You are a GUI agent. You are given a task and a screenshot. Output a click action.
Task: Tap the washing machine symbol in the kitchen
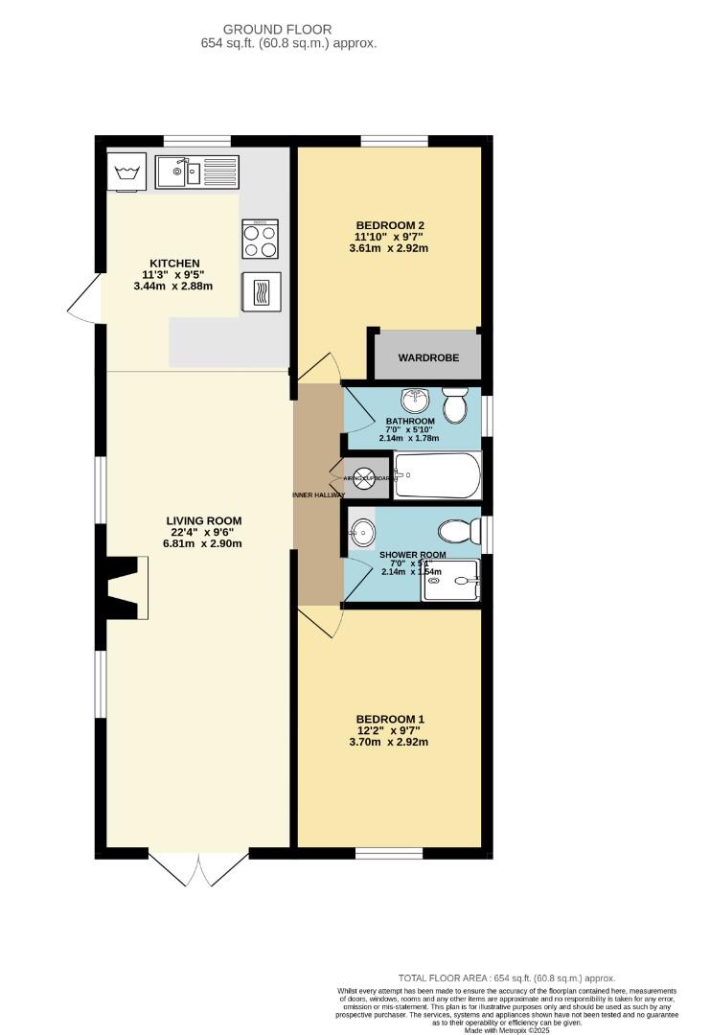pyautogui.click(x=128, y=172)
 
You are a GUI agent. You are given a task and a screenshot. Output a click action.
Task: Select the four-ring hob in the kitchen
pyautogui.click(x=261, y=239)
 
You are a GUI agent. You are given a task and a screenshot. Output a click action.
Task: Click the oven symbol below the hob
pyautogui.click(x=261, y=292)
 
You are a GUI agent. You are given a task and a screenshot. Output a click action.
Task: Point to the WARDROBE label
pyautogui.click(x=428, y=357)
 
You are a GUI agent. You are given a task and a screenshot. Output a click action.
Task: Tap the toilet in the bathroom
pyautogui.click(x=454, y=404)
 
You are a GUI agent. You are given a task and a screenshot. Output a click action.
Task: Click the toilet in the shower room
pyautogui.click(x=458, y=531)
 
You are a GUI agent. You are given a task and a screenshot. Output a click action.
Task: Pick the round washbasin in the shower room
pyautogui.click(x=363, y=530)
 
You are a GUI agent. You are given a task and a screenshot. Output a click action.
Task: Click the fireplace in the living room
pyautogui.click(x=128, y=586)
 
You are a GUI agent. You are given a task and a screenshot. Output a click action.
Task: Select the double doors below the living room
pyautogui.click(x=199, y=868)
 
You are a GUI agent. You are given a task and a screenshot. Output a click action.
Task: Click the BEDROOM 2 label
pyautogui.click(x=390, y=226)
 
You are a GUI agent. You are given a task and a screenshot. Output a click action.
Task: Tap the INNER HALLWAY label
pyautogui.click(x=318, y=494)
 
